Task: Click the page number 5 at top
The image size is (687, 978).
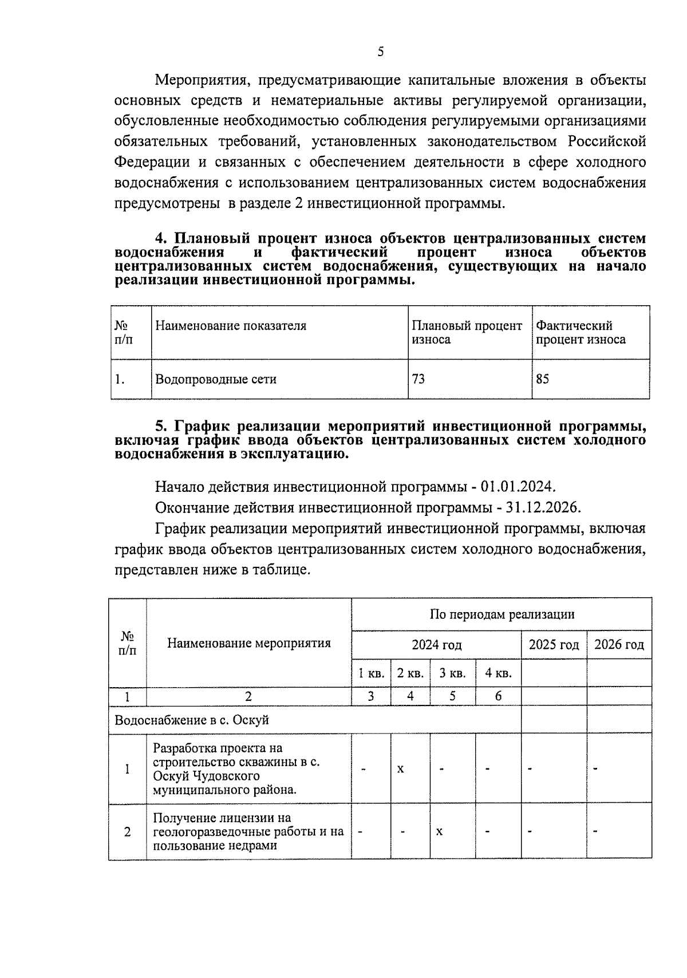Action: point(381,52)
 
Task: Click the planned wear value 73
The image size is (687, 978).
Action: point(418,378)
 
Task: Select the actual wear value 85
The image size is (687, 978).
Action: point(542,378)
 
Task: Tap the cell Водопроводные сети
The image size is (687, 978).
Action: point(216,379)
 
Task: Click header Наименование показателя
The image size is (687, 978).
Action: point(231,326)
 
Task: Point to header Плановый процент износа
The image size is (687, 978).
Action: point(467,332)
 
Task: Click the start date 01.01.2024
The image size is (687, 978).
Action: point(518,487)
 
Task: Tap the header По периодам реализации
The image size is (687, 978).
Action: point(502,614)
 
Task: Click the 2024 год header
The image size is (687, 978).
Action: point(436,645)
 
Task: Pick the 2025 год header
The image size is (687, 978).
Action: point(554,645)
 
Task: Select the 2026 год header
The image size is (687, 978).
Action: point(619,645)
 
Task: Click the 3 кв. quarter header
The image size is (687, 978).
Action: point(452,673)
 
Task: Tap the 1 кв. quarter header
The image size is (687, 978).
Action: point(371,673)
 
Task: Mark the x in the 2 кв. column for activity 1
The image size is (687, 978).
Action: point(401,768)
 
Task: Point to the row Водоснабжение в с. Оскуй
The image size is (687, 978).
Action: point(192,720)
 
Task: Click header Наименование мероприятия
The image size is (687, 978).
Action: point(248,643)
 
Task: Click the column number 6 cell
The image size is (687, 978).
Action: point(498,696)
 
